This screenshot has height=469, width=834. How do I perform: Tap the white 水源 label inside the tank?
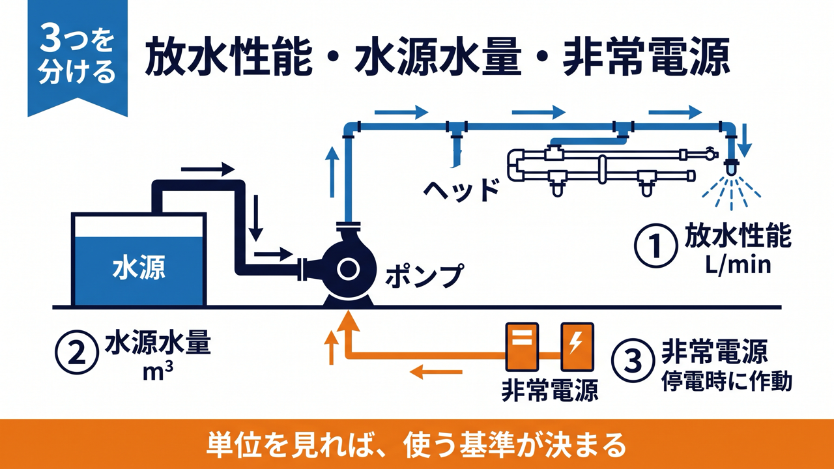[139, 268]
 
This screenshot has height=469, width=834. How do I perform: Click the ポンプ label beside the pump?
[424, 276]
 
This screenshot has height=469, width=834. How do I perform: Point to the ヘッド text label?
[461, 190]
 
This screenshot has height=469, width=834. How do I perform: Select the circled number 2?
[77, 354]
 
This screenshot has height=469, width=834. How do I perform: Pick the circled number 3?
[633, 361]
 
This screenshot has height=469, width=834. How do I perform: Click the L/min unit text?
[738, 266]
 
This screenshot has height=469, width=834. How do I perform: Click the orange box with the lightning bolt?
[577, 347]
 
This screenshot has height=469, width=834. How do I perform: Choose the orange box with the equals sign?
[522, 347]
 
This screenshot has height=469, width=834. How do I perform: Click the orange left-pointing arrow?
[436, 371]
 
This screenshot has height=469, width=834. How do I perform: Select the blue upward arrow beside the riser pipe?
[332, 171]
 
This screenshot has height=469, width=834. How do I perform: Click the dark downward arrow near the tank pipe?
[256, 218]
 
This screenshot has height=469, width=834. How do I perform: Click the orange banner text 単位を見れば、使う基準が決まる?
[416, 445]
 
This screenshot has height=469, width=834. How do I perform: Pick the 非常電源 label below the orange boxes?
[550, 390]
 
